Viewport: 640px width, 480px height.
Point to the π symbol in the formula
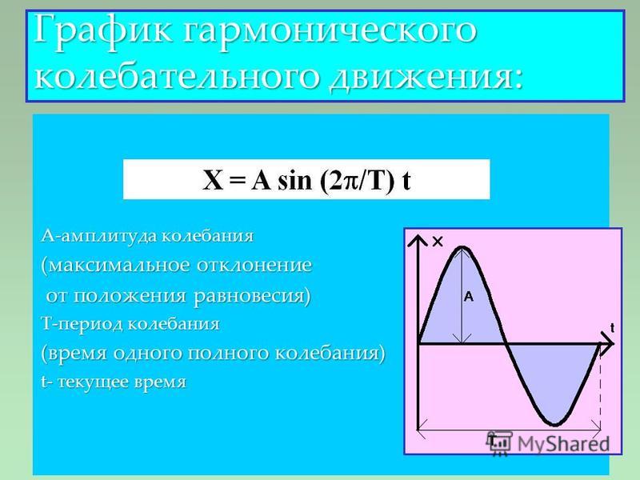[350, 181]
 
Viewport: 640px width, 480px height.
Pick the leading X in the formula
[213, 180]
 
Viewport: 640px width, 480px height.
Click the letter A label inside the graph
[469, 296]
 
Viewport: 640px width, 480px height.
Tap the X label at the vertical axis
[437, 242]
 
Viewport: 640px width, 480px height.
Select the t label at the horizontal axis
[612, 327]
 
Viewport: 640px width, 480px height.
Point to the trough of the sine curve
[555, 425]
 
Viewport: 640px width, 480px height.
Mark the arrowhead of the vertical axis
[418, 236]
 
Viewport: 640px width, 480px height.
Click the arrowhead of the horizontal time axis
[611, 344]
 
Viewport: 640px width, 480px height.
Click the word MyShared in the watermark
[563, 444]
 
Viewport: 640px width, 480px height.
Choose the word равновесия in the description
[252, 295]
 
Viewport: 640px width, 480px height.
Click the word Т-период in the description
[82, 324]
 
